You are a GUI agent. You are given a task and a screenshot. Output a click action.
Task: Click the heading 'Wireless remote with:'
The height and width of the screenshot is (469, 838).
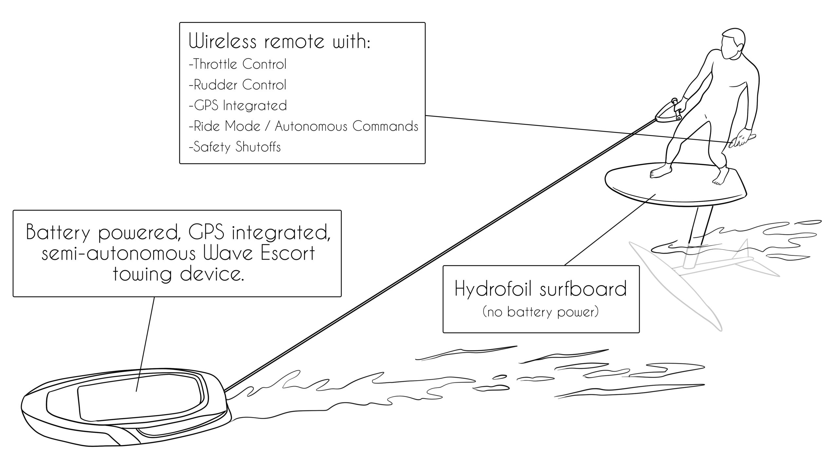[x=279, y=42]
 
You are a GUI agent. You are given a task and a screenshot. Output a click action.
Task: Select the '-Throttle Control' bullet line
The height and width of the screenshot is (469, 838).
[x=238, y=64]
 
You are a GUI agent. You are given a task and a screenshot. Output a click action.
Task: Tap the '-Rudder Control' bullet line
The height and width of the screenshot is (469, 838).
[x=238, y=85]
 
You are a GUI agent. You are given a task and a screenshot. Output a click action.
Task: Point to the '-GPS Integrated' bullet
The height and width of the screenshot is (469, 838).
[x=238, y=106]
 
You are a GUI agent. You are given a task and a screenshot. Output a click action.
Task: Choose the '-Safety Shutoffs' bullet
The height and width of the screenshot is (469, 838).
[x=235, y=147]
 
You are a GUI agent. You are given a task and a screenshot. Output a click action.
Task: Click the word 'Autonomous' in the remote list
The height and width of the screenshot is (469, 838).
[x=311, y=126]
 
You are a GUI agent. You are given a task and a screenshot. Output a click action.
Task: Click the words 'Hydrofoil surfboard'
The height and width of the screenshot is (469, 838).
[x=540, y=289]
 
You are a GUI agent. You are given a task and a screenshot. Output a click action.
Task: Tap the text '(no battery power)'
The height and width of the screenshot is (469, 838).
[x=540, y=312]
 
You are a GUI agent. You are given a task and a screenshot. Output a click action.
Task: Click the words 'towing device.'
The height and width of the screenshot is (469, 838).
[x=178, y=274]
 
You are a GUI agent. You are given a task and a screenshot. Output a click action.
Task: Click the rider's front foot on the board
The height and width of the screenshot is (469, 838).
[x=660, y=172]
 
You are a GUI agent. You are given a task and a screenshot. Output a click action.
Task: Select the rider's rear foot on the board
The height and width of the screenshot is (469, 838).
[x=719, y=179]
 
